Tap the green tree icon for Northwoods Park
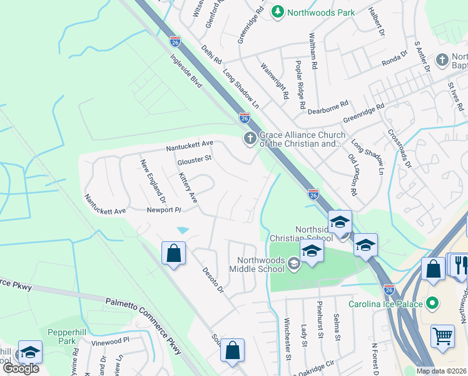[277, 12]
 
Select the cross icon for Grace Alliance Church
[250, 138]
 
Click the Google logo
[21, 368]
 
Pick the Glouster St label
[195, 160]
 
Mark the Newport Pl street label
[163, 211]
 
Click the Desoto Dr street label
[213, 279]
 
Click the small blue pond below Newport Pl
[181, 231]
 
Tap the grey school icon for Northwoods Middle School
[293, 264]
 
